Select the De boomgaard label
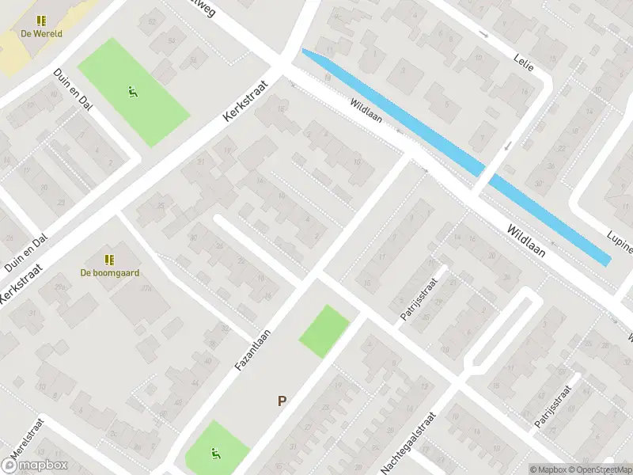[x=110, y=272]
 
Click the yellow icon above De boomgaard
[x=109, y=259]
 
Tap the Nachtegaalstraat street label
[x=409, y=443]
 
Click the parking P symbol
[x=281, y=401]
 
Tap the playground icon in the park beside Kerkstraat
[x=133, y=91]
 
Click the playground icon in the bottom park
[x=215, y=454]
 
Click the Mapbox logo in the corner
[x=34, y=465]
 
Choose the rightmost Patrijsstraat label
[x=552, y=407]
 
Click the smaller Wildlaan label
[x=368, y=110]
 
